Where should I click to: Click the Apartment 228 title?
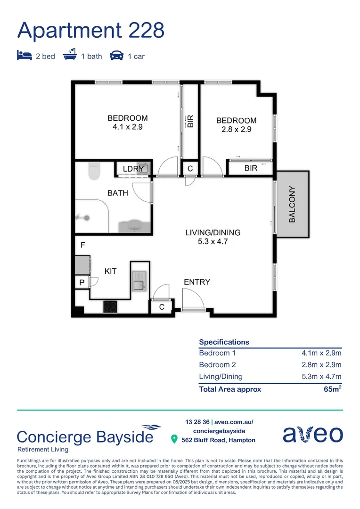tap(91, 30)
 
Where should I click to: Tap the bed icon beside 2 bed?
tap(24, 56)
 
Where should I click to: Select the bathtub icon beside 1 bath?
tap(70, 55)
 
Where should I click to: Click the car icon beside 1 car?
tap(116, 56)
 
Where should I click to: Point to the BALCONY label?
tap(293, 204)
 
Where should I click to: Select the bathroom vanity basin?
tap(135, 226)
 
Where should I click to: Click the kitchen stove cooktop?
tap(110, 306)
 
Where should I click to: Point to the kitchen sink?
tap(139, 284)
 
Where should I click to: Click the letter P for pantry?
tap(82, 282)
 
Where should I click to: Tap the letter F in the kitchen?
tap(83, 246)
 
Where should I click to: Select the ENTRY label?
tap(196, 282)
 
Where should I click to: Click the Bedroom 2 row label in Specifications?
tap(217, 365)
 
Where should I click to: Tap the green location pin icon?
tap(174, 439)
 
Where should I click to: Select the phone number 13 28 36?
tap(197, 422)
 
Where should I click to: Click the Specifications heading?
tap(224, 342)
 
